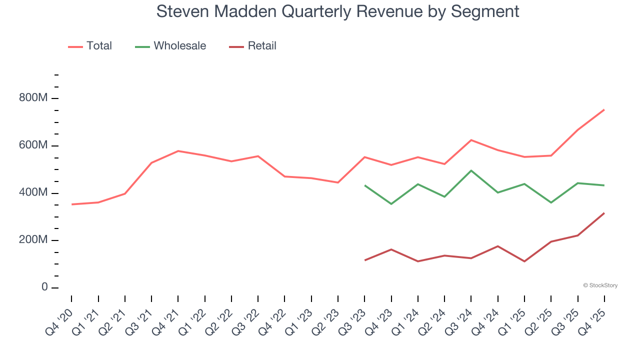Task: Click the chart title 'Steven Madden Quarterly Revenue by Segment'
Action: (x=337, y=11)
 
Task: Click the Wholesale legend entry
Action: (x=170, y=46)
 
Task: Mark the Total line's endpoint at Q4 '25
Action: (x=604, y=109)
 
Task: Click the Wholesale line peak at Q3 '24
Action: (x=471, y=170)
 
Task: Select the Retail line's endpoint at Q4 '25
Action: (x=604, y=213)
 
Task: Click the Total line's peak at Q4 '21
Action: (x=178, y=151)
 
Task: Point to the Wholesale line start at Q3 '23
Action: (x=364, y=185)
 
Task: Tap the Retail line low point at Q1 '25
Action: (x=524, y=261)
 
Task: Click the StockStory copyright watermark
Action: (x=600, y=285)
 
